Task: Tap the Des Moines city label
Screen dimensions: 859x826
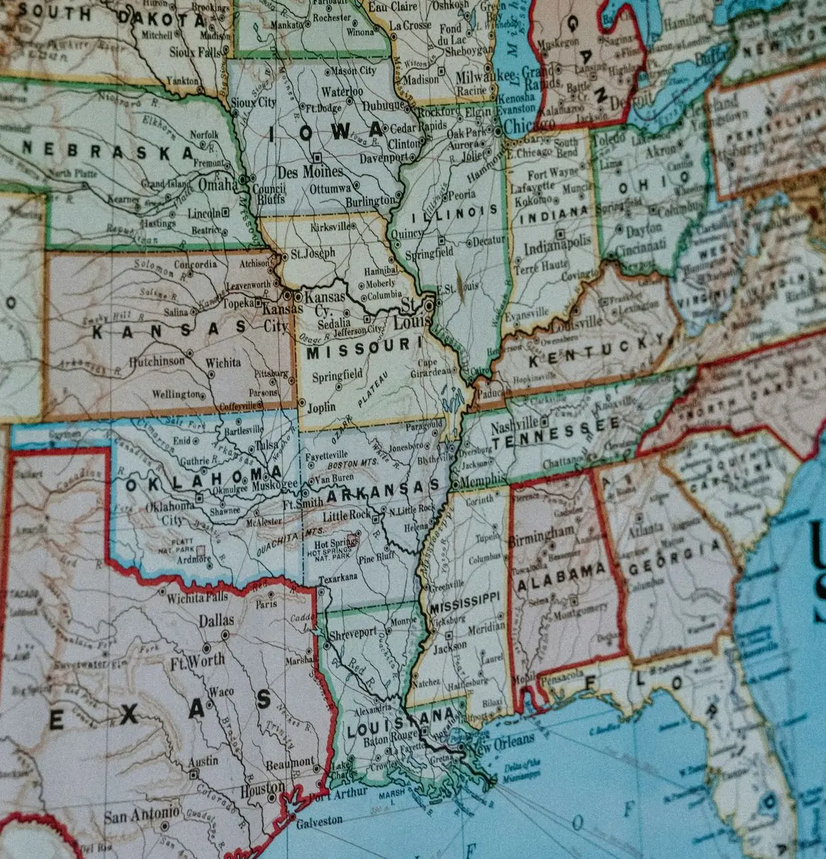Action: tap(310, 172)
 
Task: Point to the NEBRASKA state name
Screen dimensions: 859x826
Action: tap(108, 150)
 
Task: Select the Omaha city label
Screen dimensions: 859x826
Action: tap(218, 185)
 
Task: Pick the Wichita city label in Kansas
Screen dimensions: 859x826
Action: tap(223, 363)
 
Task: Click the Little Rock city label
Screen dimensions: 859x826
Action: tap(347, 516)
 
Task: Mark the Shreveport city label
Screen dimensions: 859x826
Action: tap(352, 633)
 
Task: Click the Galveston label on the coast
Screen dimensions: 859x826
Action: tap(319, 821)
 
